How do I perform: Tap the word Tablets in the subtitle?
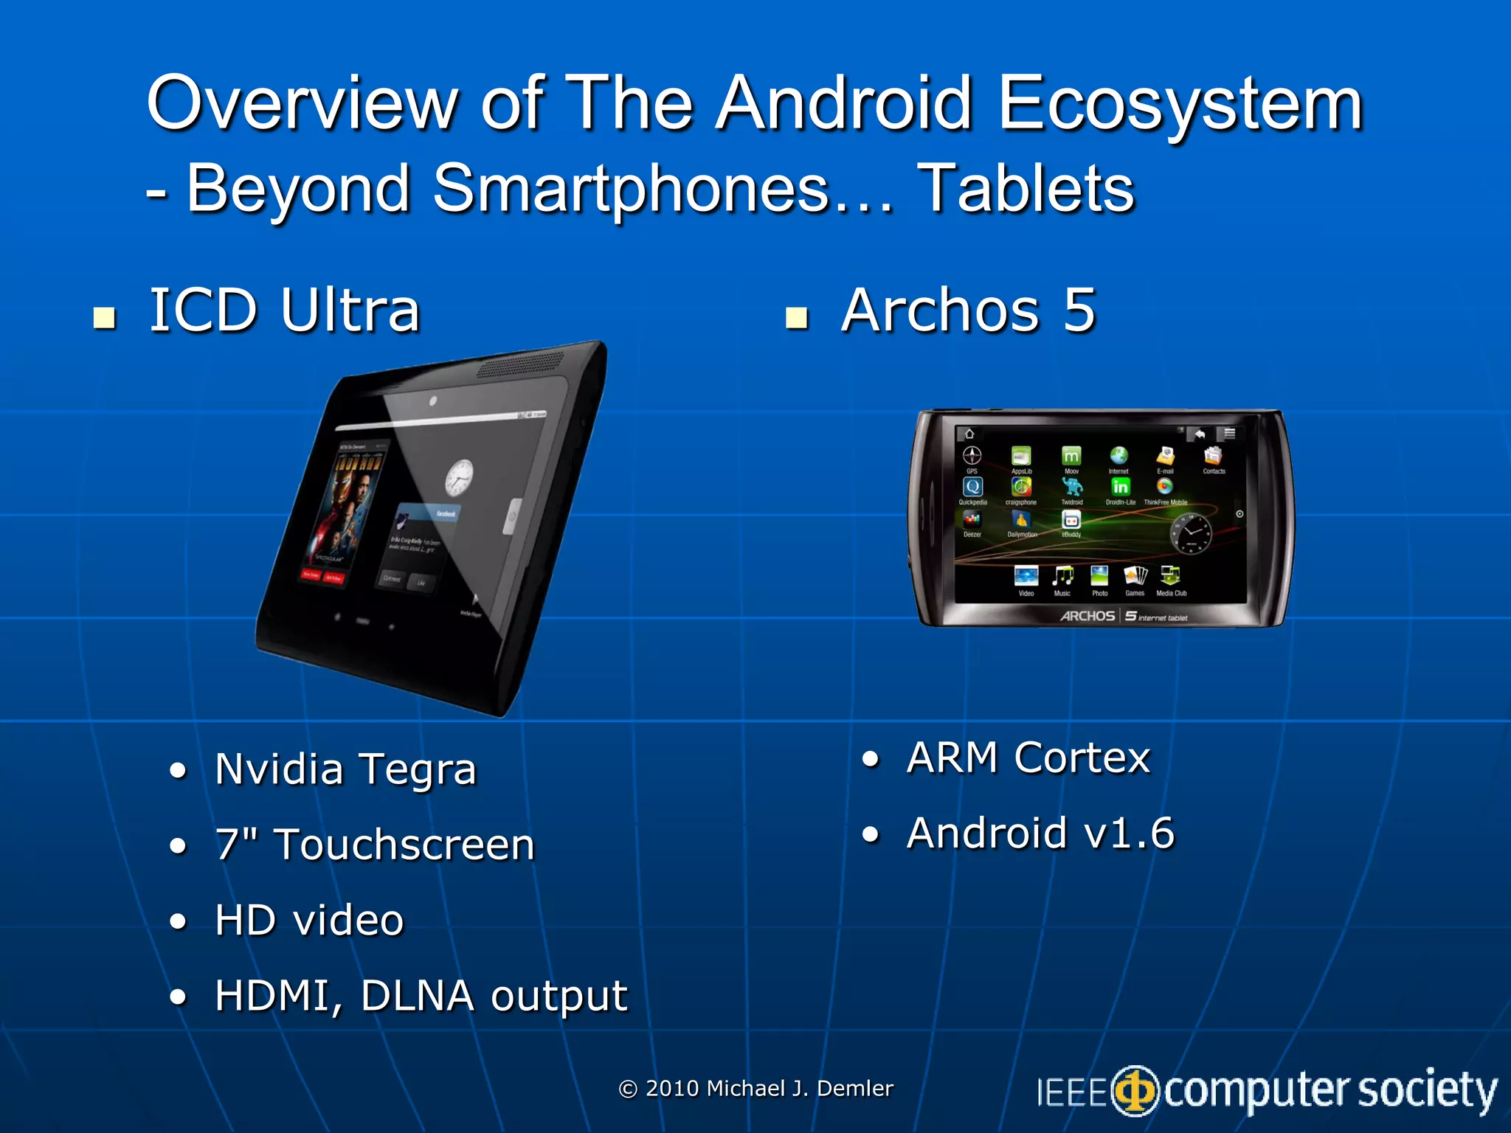(1025, 189)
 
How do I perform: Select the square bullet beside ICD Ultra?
(105, 317)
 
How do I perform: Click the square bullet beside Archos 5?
(797, 317)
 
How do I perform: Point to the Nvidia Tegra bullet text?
(345, 769)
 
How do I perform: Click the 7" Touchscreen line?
(374, 845)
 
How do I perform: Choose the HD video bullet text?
(309, 921)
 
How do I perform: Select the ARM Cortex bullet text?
(1028, 758)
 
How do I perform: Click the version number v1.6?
(1129, 834)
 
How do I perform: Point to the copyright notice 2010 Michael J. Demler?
(756, 1089)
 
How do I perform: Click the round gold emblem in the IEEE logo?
(1135, 1091)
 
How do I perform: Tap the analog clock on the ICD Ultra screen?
(459, 477)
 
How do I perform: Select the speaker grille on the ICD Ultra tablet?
(521, 364)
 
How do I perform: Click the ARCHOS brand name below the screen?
(1088, 616)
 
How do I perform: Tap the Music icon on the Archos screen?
(1062, 576)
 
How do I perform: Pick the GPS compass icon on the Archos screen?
(972, 455)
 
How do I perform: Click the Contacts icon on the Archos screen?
(1213, 456)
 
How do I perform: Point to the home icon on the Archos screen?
(969, 434)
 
